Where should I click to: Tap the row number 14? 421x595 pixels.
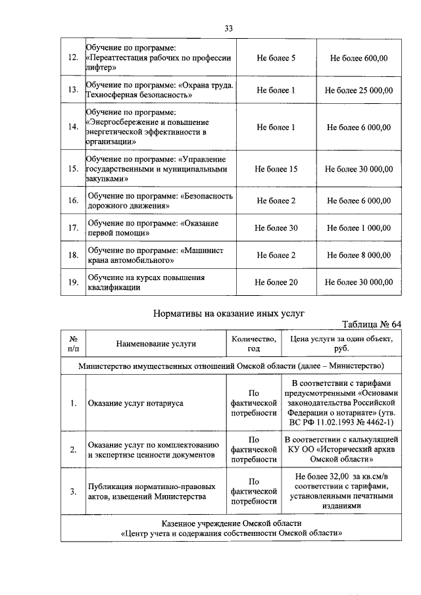(x=74, y=127)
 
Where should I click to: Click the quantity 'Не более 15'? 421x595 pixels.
(x=276, y=169)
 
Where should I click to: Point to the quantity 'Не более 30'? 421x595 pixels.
(x=276, y=227)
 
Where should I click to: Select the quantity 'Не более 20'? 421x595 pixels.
(x=276, y=282)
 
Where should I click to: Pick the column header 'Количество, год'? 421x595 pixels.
(x=253, y=343)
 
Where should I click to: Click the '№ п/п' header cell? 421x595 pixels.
(x=74, y=343)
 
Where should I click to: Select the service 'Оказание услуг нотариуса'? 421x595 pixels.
(x=136, y=403)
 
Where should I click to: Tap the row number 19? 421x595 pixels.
(x=74, y=282)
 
